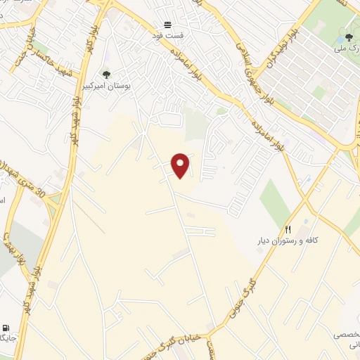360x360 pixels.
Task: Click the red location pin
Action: [x=181, y=165]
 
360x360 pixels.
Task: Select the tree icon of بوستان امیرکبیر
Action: [x=106, y=75]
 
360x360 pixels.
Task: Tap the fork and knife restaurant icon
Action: [x=288, y=229]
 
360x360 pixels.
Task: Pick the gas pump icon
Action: [x=6, y=328]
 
